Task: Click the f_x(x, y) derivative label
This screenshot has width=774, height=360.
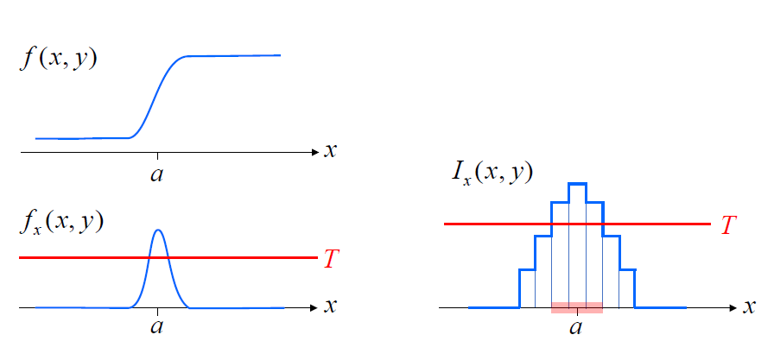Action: pyautogui.click(x=60, y=221)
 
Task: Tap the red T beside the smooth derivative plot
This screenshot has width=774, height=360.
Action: pyautogui.click(x=331, y=258)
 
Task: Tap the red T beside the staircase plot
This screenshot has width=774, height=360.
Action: pyautogui.click(x=729, y=224)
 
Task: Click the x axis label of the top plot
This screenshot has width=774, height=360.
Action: pyautogui.click(x=330, y=151)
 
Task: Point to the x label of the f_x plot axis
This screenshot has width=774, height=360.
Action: pyautogui.click(x=330, y=306)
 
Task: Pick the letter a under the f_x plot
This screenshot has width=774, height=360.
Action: pyautogui.click(x=157, y=328)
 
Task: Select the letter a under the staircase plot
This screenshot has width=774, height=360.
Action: pyautogui.click(x=576, y=327)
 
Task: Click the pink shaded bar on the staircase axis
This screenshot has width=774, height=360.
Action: pyautogui.click(x=576, y=307)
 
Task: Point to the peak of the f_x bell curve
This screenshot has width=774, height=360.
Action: pyautogui.click(x=157, y=230)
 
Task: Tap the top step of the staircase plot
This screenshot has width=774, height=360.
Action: pyautogui.click(x=577, y=184)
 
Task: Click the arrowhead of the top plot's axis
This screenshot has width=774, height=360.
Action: pyautogui.click(x=314, y=152)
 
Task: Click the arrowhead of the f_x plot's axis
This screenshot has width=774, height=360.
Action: pyautogui.click(x=314, y=307)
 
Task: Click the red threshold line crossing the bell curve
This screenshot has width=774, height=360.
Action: pyautogui.click(x=86, y=258)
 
